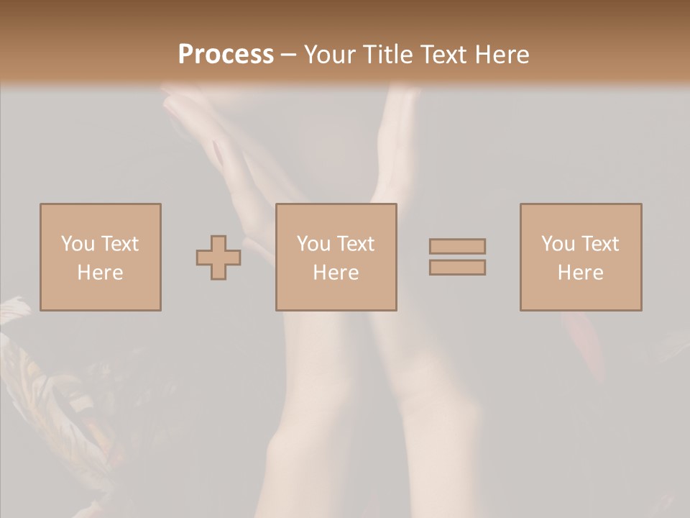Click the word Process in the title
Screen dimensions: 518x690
[226, 55]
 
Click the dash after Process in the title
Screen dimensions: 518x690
[289, 55]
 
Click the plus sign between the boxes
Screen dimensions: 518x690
[218, 258]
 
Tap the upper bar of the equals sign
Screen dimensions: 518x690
[457, 246]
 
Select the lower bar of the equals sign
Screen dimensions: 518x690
[457, 268]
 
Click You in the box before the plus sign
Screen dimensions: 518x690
[77, 244]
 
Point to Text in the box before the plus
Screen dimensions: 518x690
[119, 244]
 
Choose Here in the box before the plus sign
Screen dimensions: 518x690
[100, 273]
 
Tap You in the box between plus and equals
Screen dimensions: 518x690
[313, 244]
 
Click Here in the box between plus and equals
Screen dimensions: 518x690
[336, 273]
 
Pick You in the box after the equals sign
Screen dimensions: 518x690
[557, 244]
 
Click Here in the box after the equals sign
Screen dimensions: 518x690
[580, 273]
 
